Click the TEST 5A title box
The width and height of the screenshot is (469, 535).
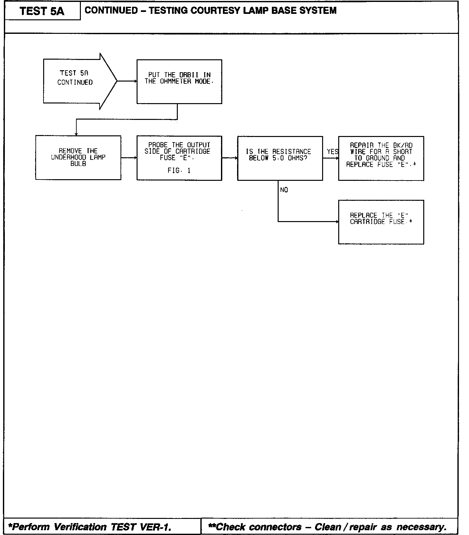(x=42, y=11)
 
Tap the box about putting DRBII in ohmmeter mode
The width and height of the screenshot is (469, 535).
(x=179, y=82)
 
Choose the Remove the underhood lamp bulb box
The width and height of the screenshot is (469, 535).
(x=78, y=158)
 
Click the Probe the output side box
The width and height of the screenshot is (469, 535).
(x=179, y=158)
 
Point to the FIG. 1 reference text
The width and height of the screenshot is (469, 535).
(x=179, y=171)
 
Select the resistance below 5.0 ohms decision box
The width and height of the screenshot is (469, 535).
(x=280, y=158)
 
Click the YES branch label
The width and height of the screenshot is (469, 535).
(x=332, y=151)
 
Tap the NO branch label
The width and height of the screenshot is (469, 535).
(x=284, y=190)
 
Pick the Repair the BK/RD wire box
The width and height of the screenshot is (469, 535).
(x=381, y=158)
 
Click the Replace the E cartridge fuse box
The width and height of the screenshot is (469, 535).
(x=381, y=222)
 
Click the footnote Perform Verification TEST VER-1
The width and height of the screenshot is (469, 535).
(x=90, y=527)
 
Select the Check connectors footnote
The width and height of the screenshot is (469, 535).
(x=327, y=527)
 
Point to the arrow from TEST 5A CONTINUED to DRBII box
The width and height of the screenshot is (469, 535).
(x=127, y=81)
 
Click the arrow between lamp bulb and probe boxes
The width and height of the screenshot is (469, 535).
(x=129, y=158)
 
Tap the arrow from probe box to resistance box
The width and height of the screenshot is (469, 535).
(x=230, y=158)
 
